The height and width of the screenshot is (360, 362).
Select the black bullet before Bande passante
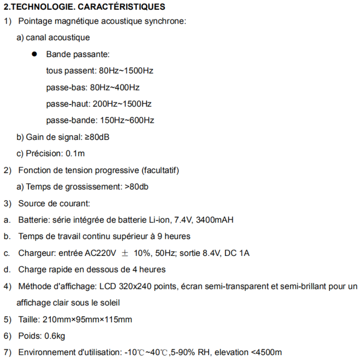click(36, 54)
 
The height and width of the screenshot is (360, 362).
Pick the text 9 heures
click(175, 236)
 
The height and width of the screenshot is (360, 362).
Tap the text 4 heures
click(150, 270)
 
